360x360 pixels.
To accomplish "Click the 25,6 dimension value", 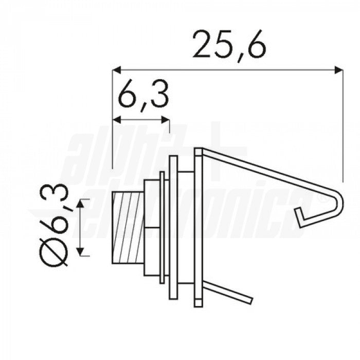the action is tap(229, 45).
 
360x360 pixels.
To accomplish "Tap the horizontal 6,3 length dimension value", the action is tap(143, 95).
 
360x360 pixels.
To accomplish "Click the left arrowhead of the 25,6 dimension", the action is tap(117, 70).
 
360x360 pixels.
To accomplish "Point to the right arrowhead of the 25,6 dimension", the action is tap(338, 70).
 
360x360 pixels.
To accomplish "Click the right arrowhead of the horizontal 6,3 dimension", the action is tap(166, 120).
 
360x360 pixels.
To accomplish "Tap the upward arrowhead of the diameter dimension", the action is tap(80, 204).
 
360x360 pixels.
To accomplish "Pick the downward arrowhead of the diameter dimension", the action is tap(80, 251).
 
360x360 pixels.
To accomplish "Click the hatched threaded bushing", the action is tap(128, 228).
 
